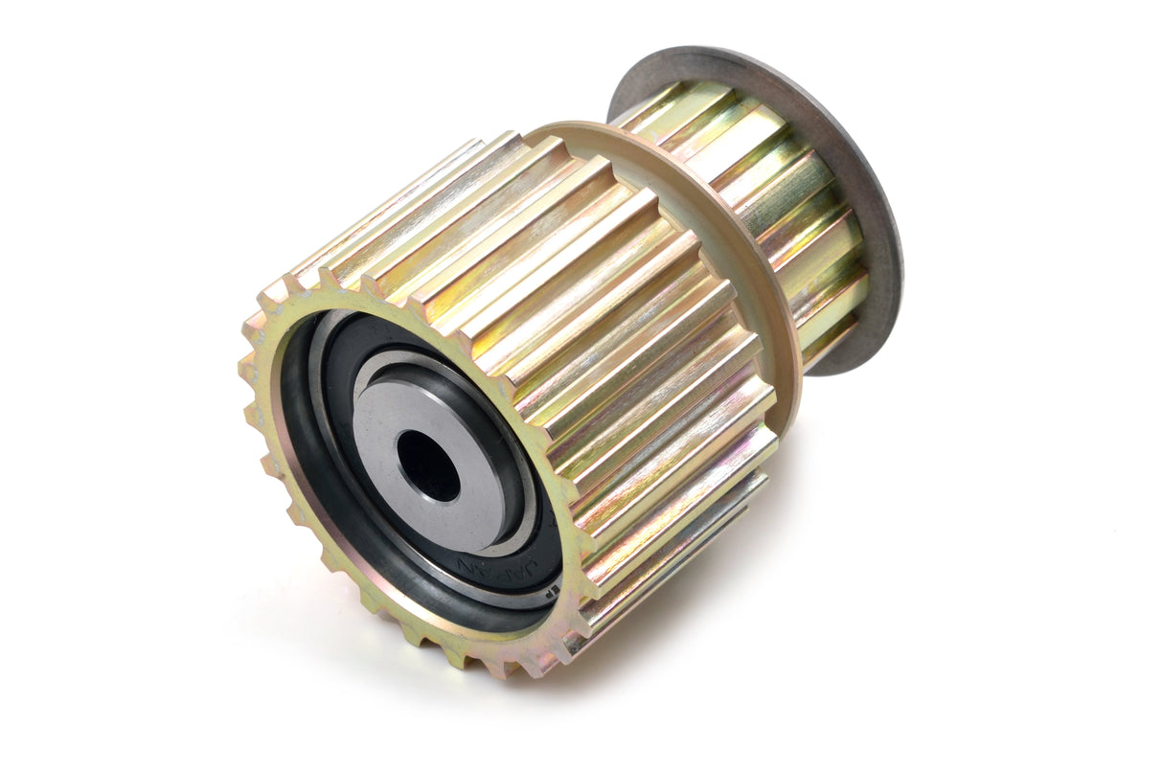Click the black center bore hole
427,465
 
